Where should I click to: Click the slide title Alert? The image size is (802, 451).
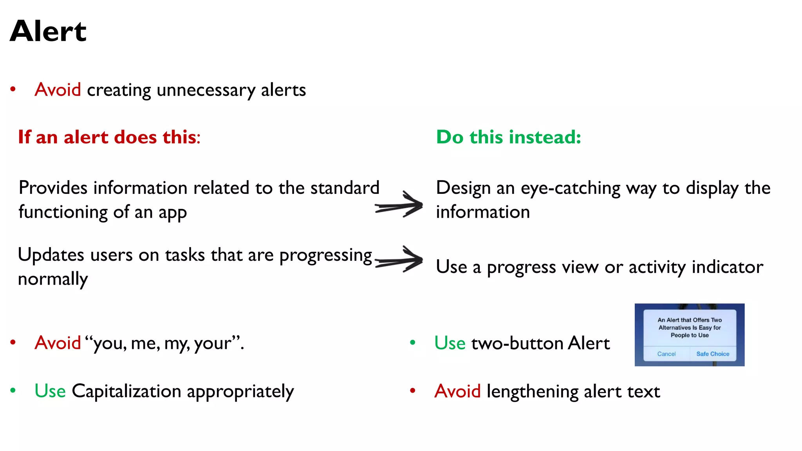[48, 31]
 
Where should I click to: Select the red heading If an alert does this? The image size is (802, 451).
[109, 137]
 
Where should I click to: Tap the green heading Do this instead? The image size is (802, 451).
[508, 137]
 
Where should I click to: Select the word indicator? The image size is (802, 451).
[727, 267]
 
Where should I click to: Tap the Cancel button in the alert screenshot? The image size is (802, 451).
[666, 354]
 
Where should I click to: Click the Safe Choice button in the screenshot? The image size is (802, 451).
[712, 354]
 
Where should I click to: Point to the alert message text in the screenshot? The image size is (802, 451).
[689, 328]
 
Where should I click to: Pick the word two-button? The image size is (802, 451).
[517, 343]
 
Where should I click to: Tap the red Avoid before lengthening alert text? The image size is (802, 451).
[457, 391]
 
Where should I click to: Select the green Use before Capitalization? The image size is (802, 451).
[50, 391]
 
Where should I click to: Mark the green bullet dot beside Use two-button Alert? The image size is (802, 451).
[412, 343]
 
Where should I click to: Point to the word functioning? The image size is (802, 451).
[63, 213]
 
